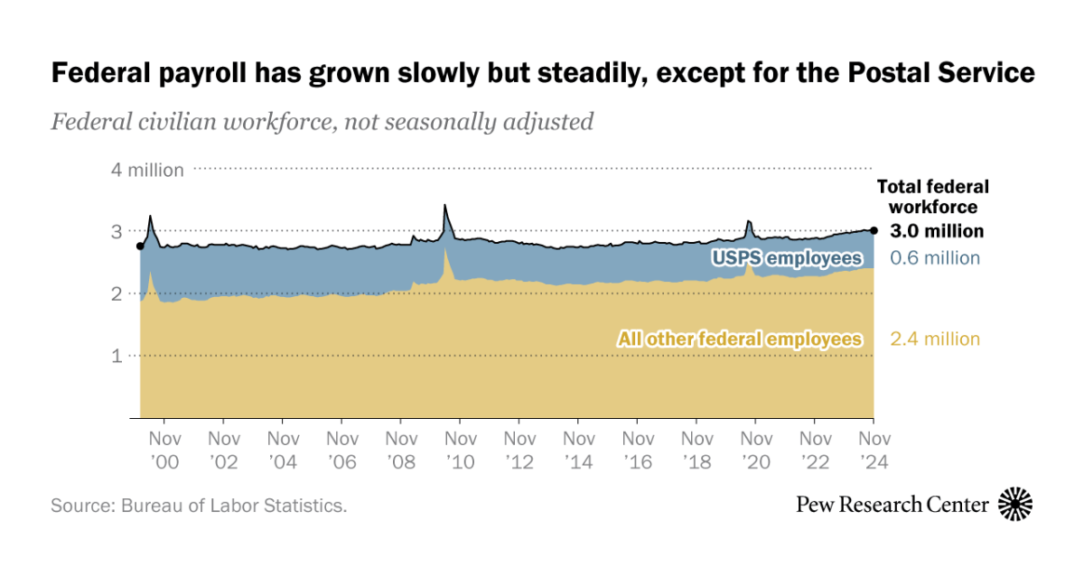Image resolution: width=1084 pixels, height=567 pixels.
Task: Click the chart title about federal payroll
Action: [542, 73]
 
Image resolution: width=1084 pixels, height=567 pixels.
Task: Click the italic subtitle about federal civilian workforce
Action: [322, 121]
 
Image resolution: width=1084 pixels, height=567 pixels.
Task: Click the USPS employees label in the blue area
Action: [786, 259]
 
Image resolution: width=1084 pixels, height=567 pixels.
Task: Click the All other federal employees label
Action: [739, 339]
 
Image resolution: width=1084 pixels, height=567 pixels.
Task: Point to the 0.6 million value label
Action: [934, 258]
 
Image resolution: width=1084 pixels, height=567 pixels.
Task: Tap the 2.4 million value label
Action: [934, 339]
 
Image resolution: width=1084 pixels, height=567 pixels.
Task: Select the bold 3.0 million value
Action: [936, 231]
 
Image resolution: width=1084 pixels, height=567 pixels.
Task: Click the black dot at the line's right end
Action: [874, 230]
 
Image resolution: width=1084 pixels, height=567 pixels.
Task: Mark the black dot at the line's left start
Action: [139, 246]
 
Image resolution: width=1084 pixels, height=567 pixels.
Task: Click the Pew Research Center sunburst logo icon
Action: [1015, 504]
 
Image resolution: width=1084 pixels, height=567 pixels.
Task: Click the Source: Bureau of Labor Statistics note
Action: [199, 506]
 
